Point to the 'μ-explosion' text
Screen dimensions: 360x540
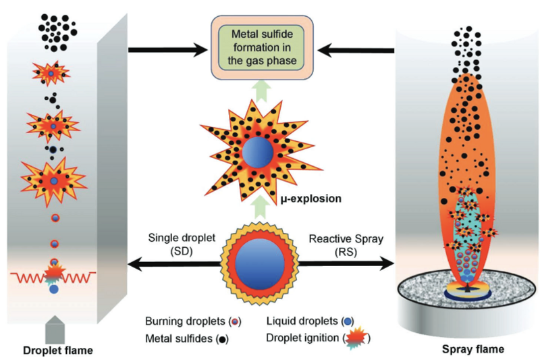[309, 200]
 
